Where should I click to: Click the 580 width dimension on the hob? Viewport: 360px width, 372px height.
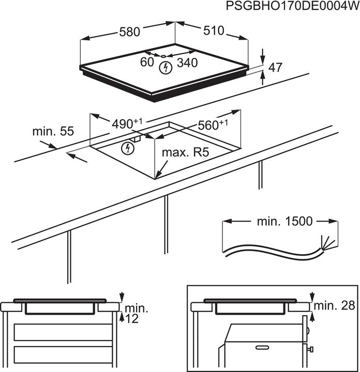coord(129,32)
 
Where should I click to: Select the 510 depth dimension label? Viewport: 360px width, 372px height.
coord(213,31)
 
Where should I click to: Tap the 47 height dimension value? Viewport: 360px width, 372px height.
coord(276,68)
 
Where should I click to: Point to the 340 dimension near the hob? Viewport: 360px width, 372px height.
coord(187,63)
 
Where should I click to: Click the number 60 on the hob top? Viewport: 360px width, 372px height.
coord(147,62)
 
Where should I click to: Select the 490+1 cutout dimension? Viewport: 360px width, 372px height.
coord(127,124)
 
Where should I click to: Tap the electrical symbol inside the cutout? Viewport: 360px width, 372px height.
coord(126,149)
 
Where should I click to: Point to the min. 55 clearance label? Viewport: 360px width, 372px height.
coord(53,131)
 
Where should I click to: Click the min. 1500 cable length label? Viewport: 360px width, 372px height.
coord(284,222)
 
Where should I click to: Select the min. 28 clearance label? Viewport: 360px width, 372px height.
coord(336,305)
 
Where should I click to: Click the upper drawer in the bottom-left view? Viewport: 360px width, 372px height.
coord(62,331)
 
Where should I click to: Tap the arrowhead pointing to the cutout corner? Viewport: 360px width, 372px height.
coord(158,175)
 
